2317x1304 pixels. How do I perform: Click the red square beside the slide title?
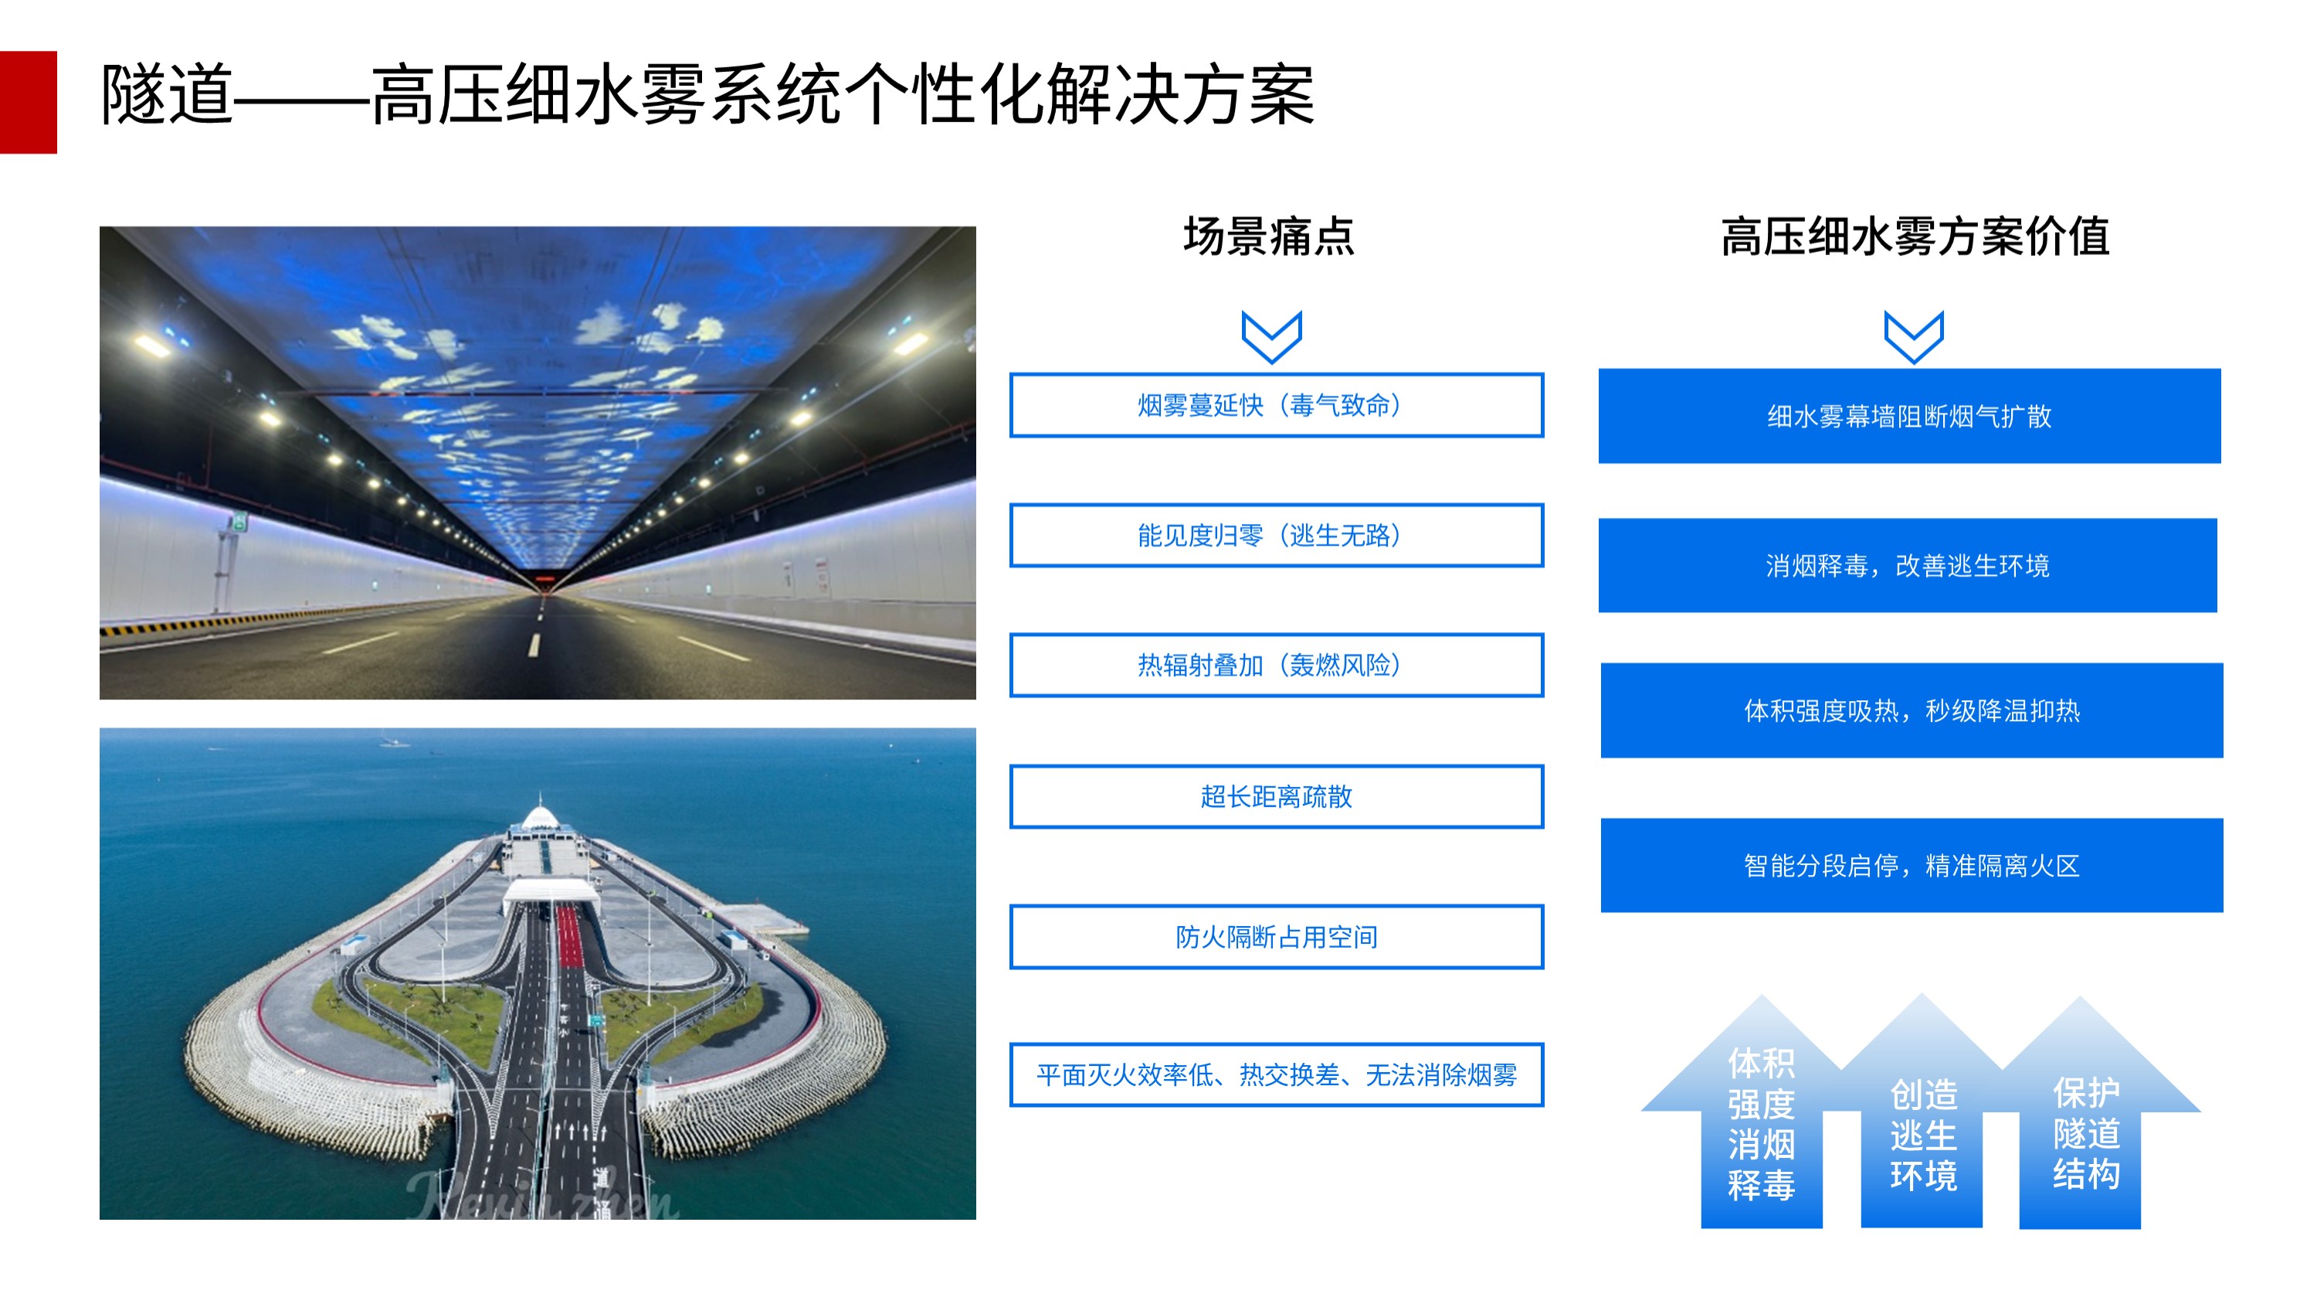28,102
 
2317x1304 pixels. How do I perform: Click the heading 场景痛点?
1268,237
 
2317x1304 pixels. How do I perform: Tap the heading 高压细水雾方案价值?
1915,237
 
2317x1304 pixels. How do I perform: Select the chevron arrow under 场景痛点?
1272,336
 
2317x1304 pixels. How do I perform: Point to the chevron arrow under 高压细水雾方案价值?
1914,336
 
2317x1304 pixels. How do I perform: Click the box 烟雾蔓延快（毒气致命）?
1277,405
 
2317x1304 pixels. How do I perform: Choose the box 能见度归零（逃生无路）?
1277,536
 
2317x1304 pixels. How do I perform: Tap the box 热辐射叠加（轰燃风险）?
1277,665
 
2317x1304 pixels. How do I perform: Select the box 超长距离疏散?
1277,796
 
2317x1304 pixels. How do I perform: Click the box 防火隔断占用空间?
1277,937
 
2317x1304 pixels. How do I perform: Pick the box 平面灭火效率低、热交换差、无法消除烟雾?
1277,1074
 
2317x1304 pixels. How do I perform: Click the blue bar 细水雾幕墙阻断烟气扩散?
1909,416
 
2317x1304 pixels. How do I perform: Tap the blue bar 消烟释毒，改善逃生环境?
1908,565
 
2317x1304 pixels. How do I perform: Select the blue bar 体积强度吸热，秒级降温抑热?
1912,710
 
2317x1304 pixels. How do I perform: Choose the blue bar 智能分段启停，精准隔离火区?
1912,865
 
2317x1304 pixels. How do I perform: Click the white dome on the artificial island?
539,817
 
